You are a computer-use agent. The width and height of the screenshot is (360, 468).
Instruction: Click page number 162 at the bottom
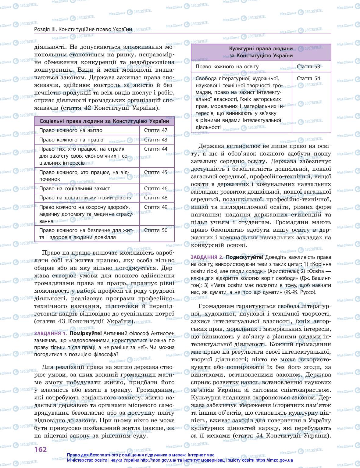tap(41, 449)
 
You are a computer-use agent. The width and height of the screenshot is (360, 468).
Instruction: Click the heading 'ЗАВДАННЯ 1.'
tap(51, 334)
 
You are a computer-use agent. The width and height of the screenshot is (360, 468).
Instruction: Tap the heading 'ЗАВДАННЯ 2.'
tap(207, 257)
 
